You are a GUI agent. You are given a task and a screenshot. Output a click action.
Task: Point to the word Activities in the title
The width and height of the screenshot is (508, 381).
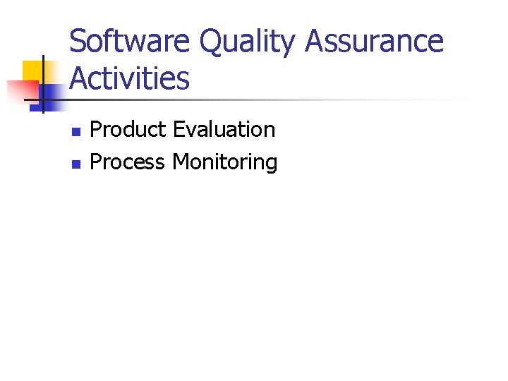130,78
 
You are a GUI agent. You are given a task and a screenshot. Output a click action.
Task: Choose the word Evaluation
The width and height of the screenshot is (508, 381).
224,130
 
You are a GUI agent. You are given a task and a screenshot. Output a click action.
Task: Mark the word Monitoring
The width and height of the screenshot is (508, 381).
225,162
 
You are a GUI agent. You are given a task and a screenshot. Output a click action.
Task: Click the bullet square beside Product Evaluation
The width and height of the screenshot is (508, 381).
76,131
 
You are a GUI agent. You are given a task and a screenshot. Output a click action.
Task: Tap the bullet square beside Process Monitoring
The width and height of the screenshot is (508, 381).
76,164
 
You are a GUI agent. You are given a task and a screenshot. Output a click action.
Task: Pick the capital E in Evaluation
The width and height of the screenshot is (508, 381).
177,130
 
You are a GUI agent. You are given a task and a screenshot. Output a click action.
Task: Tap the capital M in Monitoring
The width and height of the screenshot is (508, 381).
180,162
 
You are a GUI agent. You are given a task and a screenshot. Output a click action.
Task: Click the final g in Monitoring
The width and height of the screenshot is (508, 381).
271,165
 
